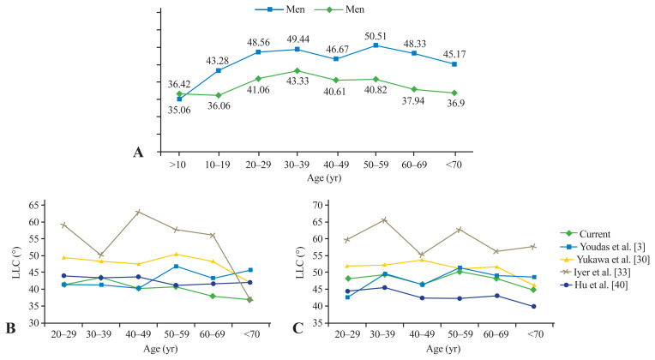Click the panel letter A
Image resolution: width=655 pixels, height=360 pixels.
tap(137, 153)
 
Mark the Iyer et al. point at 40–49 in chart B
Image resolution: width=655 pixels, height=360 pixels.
tap(139, 212)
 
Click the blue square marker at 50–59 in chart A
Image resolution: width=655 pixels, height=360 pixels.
tap(377, 45)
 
